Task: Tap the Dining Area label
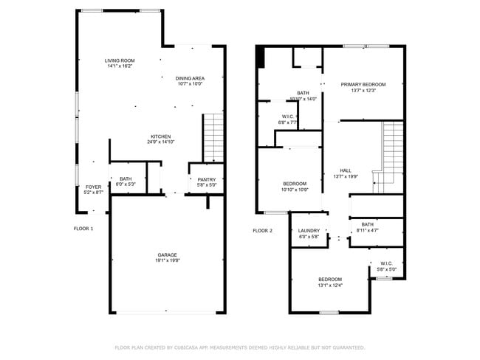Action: tap(190, 78)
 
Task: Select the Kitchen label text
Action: tap(161, 136)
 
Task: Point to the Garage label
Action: tap(166, 255)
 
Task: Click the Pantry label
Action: tap(206, 179)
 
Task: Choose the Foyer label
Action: tap(93, 187)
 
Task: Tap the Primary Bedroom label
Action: tap(363, 85)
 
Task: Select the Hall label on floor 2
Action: tap(346, 170)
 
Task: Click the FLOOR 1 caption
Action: tap(83, 229)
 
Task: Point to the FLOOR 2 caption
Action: tap(262, 231)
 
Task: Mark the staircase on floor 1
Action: tap(213, 138)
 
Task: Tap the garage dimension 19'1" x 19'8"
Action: tap(166, 261)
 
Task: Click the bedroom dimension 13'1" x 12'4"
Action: tap(330, 285)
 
